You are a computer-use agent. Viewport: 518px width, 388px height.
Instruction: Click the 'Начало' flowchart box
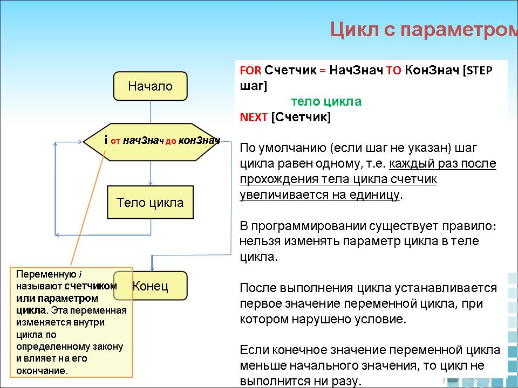[x=150, y=86]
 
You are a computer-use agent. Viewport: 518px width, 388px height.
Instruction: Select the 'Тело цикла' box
[x=150, y=203]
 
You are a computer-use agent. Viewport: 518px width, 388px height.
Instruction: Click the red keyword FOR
[x=250, y=71]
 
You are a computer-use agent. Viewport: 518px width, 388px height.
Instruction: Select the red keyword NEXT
[x=254, y=117]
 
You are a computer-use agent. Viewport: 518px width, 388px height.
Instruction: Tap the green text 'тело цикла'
[x=326, y=102]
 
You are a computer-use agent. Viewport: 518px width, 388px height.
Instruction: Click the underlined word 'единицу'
[x=372, y=195]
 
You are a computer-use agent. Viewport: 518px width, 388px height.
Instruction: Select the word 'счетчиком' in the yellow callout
[x=91, y=286]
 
